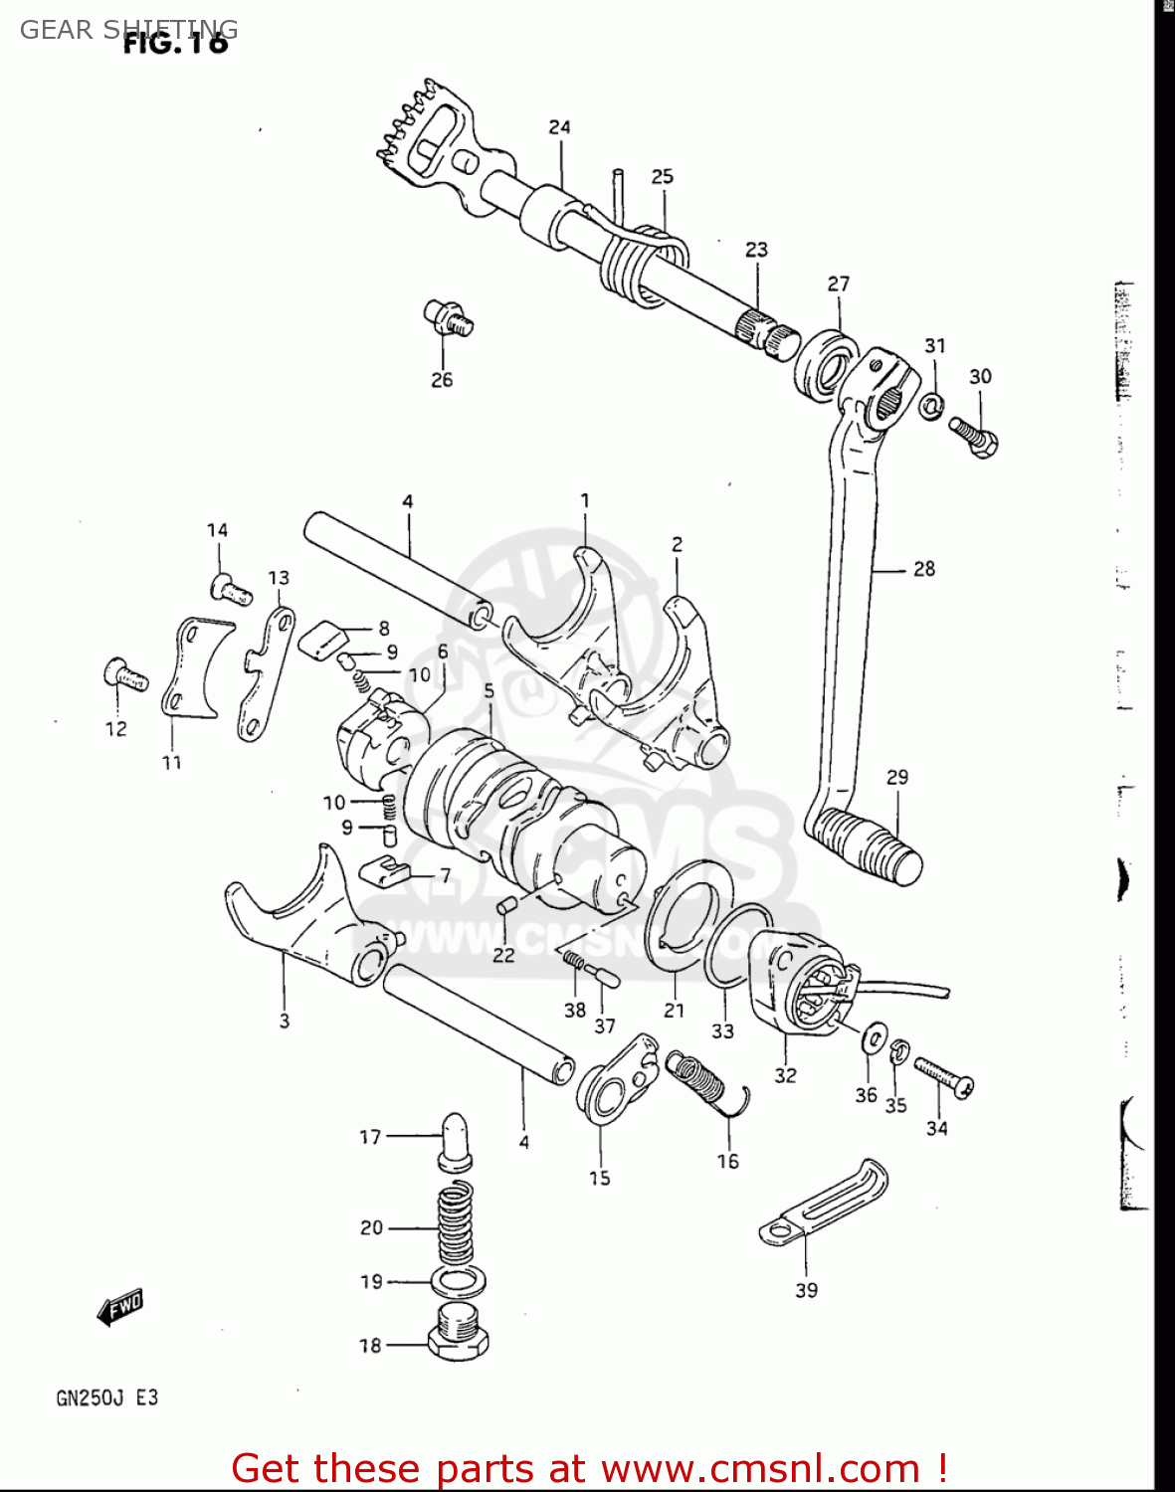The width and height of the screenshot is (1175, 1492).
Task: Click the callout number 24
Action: (559, 127)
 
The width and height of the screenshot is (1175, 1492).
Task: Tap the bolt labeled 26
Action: (448, 317)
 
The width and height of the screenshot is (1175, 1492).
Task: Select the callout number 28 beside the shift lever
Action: (924, 569)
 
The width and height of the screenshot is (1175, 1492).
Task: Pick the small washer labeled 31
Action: (931, 406)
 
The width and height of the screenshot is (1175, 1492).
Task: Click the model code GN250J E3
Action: (106, 1398)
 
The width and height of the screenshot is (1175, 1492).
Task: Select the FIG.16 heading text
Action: (175, 42)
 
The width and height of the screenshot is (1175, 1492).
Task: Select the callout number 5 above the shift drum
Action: (489, 690)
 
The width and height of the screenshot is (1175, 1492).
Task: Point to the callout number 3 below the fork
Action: (285, 1021)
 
